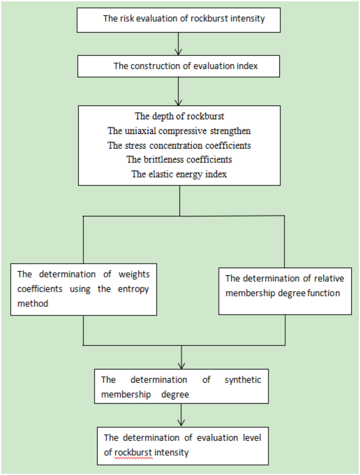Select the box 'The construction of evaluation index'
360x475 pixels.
(179, 66)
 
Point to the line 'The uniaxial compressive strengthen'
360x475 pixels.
(180, 130)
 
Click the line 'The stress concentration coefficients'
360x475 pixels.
(180, 145)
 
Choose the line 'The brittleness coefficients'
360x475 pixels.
(180, 159)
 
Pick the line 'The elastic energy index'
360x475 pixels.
(180, 174)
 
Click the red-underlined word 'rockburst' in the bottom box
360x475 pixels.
(133, 451)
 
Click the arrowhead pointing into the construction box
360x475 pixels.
(179, 52)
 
